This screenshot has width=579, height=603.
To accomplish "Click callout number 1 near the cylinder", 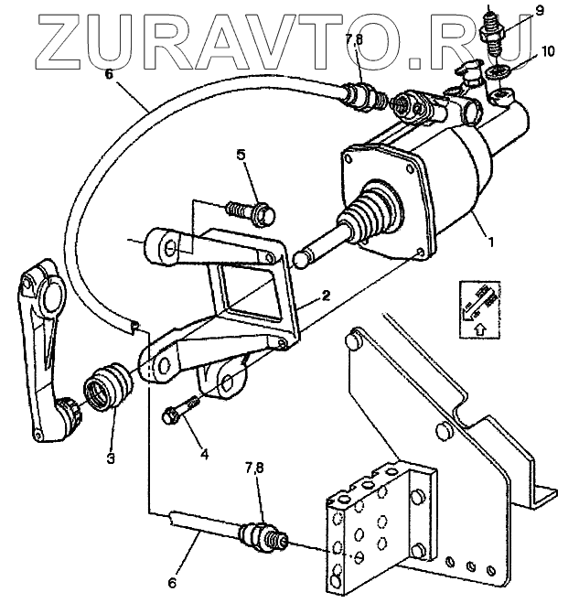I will (x=491, y=245).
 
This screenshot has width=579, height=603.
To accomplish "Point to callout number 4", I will (x=204, y=453).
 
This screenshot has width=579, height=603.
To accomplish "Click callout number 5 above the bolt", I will (x=241, y=154).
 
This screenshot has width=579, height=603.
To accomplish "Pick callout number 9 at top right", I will (x=540, y=10).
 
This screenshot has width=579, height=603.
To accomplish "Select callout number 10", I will (x=547, y=51).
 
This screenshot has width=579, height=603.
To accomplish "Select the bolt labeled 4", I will (x=181, y=409).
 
